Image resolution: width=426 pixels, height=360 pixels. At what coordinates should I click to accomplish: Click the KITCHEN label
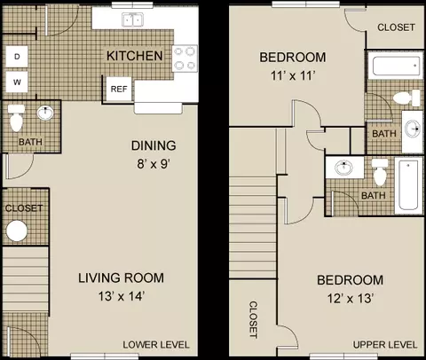135,56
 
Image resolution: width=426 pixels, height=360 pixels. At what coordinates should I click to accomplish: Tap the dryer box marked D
17,57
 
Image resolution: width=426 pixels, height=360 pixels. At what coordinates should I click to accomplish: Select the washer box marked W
17,82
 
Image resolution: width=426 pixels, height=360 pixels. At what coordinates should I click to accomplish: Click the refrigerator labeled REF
119,89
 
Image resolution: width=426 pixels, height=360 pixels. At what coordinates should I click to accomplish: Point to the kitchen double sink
132,20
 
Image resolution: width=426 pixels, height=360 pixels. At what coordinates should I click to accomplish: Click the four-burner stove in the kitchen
185,59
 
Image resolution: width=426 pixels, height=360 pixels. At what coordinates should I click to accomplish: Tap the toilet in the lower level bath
16,118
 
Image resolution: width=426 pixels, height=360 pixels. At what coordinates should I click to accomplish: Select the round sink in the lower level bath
45,113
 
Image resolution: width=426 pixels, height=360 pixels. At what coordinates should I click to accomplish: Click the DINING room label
154,145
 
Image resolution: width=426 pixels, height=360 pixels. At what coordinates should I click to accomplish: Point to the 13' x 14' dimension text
122,296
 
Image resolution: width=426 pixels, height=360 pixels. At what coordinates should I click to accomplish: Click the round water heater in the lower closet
17,231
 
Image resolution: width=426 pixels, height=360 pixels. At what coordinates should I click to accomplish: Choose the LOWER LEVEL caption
156,345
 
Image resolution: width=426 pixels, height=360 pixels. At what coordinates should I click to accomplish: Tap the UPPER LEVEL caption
385,345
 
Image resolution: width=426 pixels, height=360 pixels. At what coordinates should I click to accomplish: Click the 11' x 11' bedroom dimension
293,75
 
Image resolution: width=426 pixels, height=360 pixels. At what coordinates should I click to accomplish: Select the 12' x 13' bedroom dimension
350,299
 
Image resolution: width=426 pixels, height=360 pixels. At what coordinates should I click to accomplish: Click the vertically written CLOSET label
253,319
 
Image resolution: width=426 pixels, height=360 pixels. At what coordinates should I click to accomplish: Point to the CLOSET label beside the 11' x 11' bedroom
396,27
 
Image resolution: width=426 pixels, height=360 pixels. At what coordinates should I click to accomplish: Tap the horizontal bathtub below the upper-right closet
397,66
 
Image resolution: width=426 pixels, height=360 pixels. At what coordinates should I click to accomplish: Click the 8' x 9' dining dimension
154,163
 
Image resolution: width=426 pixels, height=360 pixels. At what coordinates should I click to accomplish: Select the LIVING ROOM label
121,278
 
